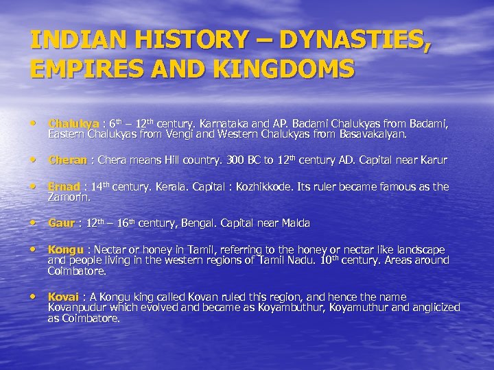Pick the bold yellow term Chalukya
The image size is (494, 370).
point(73,124)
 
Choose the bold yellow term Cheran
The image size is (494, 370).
point(67,160)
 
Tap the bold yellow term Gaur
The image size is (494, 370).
point(61,223)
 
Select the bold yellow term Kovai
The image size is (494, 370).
point(63,297)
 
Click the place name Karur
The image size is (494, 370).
point(434,160)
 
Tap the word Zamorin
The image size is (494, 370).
point(69,197)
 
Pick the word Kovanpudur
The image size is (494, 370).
point(78,308)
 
